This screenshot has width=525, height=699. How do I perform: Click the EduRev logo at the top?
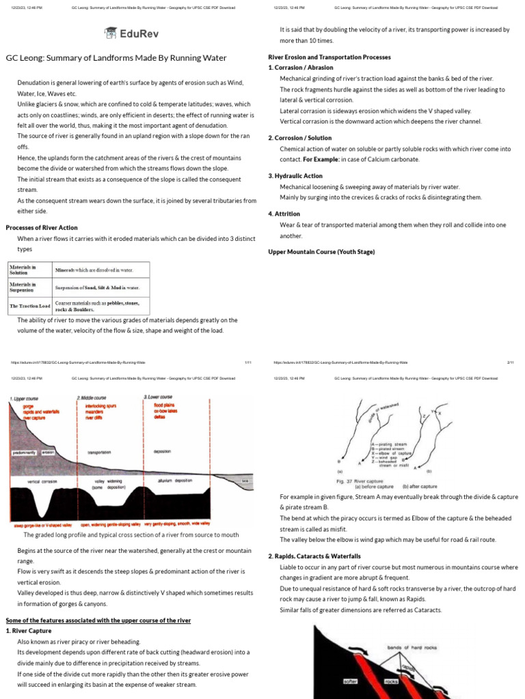coord(131,33)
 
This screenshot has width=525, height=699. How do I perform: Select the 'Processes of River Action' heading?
coord(42,227)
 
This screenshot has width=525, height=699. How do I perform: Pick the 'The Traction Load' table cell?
coord(30,305)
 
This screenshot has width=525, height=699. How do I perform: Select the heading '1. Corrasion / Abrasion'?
coord(301,68)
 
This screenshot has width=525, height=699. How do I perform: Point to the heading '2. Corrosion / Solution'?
coord(300,138)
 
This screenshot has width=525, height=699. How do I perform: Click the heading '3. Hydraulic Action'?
coord(295,175)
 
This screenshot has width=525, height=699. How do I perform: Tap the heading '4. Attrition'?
coord(284,214)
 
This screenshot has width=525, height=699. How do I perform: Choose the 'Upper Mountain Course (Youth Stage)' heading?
coord(321,252)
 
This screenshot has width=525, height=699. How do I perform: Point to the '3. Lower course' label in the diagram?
coord(159,397)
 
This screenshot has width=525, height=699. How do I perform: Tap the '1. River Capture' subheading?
coord(30,631)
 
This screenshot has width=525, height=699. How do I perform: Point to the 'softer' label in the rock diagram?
coord(350,681)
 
